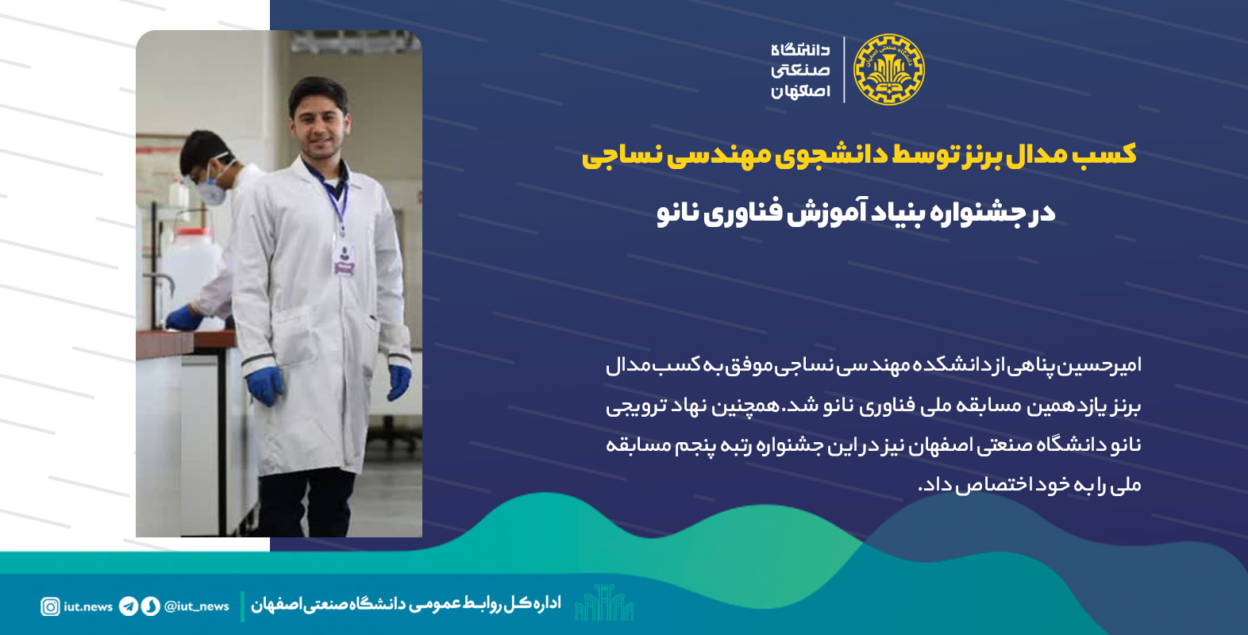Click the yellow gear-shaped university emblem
click(889, 70)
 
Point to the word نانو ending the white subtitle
click(677, 214)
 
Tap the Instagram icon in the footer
click(50, 606)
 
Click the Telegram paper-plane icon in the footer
click(128, 606)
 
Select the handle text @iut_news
click(196, 606)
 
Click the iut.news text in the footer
click(88, 606)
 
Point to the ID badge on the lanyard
click(345, 259)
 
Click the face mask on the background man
click(214, 187)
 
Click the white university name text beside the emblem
click(800, 71)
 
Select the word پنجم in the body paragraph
click(695, 446)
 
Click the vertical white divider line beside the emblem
click(844, 70)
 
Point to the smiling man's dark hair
click(318, 92)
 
